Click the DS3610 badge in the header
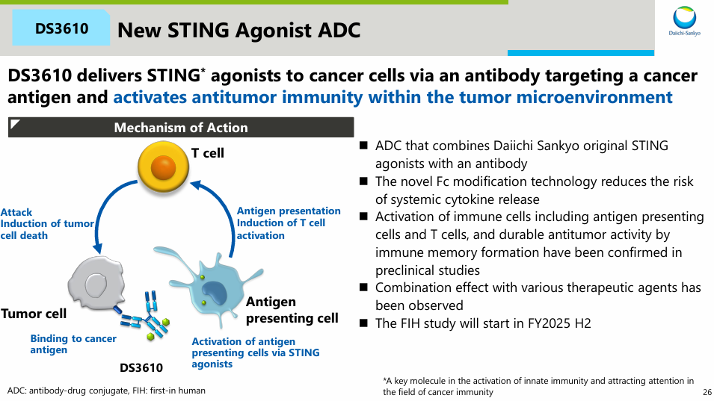(61, 29)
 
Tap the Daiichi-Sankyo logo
(684, 22)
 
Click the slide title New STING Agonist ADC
(239, 30)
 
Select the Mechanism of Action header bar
(180, 128)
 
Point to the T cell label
(207, 153)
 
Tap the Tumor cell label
(34, 314)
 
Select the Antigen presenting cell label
(292, 310)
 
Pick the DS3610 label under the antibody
(141, 367)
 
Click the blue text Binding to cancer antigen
(73, 344)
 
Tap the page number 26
(707, 392)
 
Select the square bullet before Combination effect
(364, 287)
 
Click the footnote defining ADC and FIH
(106, 391)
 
